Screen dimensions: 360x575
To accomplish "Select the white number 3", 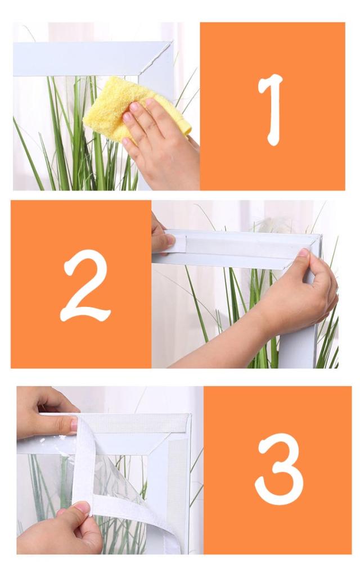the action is pyautogui.click(x=279, y=469).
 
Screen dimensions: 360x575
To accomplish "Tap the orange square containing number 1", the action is pyautogui.click(x=272, y=106).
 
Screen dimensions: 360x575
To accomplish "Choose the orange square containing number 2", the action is pyautogui.click(x=81, y=284).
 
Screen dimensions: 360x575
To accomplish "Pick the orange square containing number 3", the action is pyautogui.click(x=277, y=470).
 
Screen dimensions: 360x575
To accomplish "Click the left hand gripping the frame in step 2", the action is pyautogui.click(x=161, y=236).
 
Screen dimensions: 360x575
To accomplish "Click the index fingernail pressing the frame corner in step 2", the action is pyautogui.click(x=304, y=252).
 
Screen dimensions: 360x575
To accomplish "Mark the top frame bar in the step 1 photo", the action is pyautogui.click(x=92, y=58).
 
